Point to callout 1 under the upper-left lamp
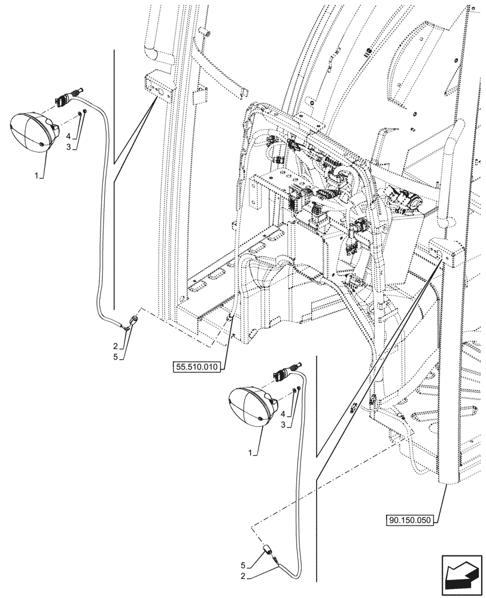[x=38, y=176]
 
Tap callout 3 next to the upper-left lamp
[x=69, y=147]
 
